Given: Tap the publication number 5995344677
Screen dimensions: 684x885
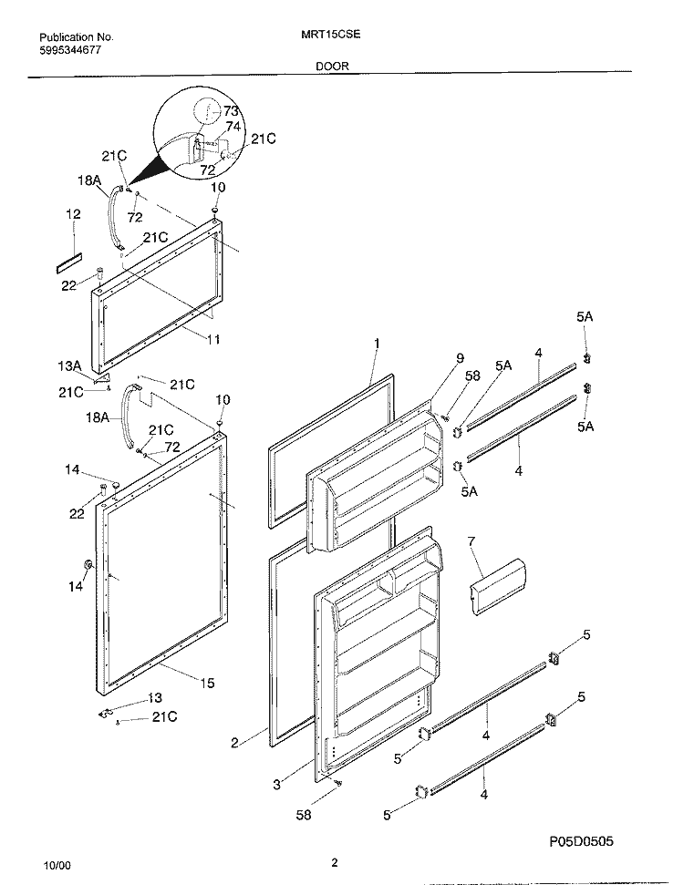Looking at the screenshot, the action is [70, 49].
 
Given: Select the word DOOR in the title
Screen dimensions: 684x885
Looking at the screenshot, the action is [332, 66].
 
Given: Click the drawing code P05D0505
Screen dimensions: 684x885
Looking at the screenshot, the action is [581, 842].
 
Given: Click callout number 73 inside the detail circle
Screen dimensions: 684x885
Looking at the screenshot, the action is [231, 111].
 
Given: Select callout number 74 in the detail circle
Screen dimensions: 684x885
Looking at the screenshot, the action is [233, 127].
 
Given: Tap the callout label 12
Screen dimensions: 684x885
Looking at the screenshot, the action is [74, 214].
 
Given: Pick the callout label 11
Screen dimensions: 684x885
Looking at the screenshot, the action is [212, 339].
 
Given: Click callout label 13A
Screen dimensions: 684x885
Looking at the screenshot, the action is [69, 366].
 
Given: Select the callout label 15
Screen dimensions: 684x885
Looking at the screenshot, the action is [207, 683].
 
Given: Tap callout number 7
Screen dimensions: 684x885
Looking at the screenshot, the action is [472, 541].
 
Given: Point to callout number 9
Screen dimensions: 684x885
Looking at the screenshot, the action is [460, 358].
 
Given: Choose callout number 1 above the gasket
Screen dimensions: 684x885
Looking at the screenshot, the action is [377, 344].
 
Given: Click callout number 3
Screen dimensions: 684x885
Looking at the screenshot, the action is [276, 784].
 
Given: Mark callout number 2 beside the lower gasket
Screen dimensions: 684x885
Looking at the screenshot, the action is [234, 743].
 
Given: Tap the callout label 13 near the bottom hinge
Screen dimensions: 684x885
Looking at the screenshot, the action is [155, 698].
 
